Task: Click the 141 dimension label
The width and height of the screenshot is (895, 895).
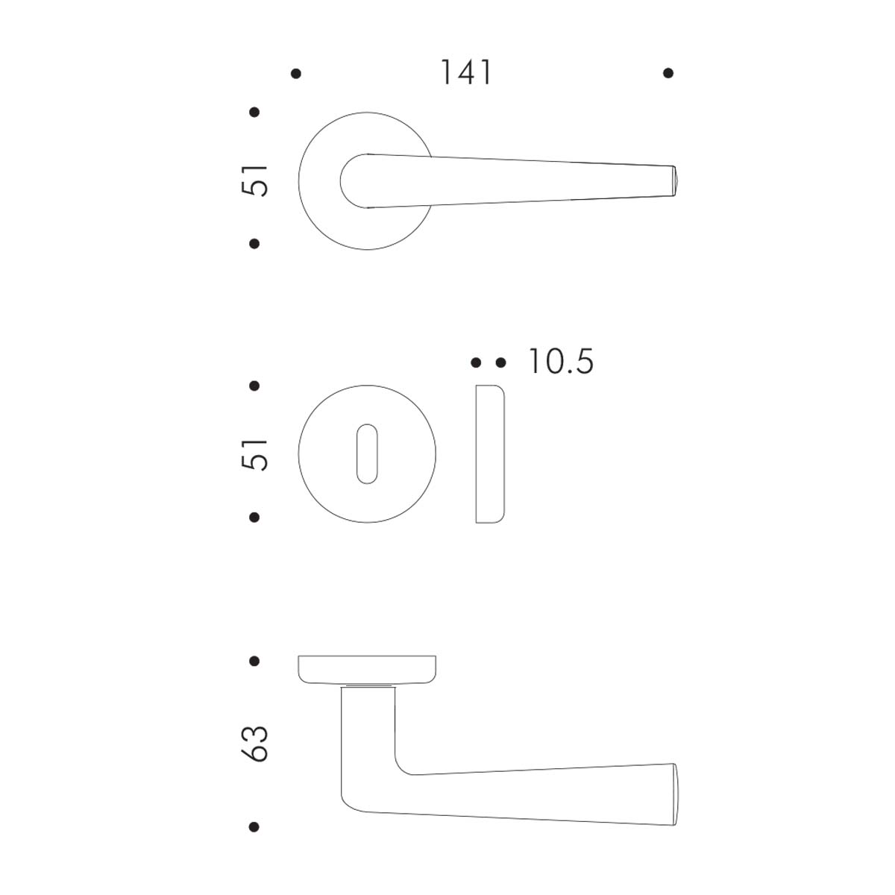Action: pyautogui.click(x=466, y=73)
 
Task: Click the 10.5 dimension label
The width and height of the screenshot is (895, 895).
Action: pyautogui.click(x=561, y=362)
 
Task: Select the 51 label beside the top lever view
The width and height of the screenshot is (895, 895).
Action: pyautogui.click(x=256, y=180)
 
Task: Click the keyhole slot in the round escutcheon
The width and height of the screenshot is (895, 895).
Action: pyautogui.click(x=367, y=453)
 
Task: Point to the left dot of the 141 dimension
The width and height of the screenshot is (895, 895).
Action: pyautogui.click(x=295, y=73)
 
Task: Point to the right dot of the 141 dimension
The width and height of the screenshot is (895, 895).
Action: pyautogui.click(x=668, y=73)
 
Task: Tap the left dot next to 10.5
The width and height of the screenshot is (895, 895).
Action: pyautogui.click(x=476, y=362)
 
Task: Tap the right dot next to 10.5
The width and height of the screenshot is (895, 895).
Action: pyautogui.click(x=500, y=362)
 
